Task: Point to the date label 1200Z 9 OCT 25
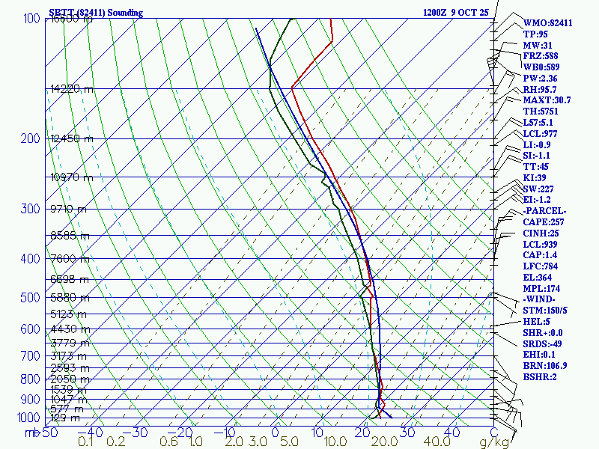pyautogui.click(x=456, y=13)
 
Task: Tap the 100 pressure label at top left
pyautogui.click(x=31, y=18)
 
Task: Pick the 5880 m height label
pyautogui.click(x=69, y=297)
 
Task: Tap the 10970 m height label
pyautogui.click(x=72, y=177)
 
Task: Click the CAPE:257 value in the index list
pyautogui.click(x=544, y=222)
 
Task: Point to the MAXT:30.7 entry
pyautogui.click(x=547, y=100)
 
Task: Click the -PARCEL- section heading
pyautogui.click(x=545, y=211)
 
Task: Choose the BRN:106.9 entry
pyautogui.click(x=545, y=366)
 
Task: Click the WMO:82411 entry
pyautogui.click(x=547, y=23)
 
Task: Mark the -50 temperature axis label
pyautogui.click(x=49, y=432)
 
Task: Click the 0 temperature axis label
pyautogui.click(x=275, y=432)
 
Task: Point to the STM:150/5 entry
pyautogui.click(x=546, y=311)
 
